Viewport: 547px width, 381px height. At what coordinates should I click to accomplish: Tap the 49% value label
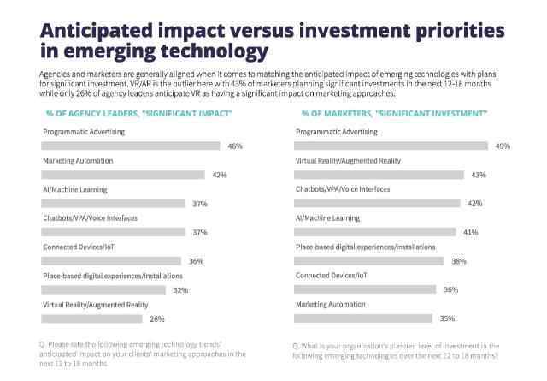tap(503, 146)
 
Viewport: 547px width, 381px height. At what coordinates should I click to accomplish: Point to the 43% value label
tap(479, 175)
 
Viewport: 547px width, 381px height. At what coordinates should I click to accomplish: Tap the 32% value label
tap(180, 290)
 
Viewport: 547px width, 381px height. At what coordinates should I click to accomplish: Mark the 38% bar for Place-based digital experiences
tap(368, 261)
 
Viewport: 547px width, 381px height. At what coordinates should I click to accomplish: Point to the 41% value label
tap(470, 232)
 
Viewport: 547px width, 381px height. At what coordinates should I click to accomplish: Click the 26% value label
tap(156, 318)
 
